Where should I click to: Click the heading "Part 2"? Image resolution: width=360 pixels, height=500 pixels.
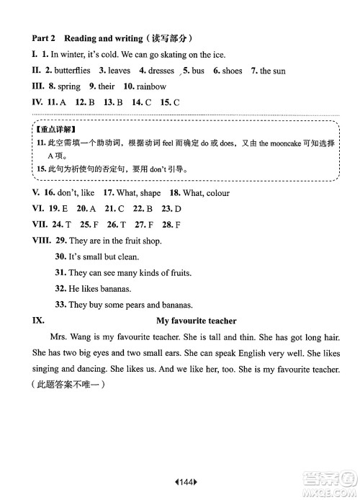click(44, 37)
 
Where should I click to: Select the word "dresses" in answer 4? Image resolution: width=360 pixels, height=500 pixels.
click(161, 71)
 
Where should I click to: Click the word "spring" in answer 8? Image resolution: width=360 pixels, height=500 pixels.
click(69, 86)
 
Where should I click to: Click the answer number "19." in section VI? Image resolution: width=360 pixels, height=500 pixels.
click(63, 209)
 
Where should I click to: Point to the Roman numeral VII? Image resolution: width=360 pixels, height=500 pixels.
click(41, 225)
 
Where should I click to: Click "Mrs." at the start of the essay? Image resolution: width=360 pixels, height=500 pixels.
click(58, 337)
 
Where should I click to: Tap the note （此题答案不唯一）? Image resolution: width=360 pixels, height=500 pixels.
click(69, 386)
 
